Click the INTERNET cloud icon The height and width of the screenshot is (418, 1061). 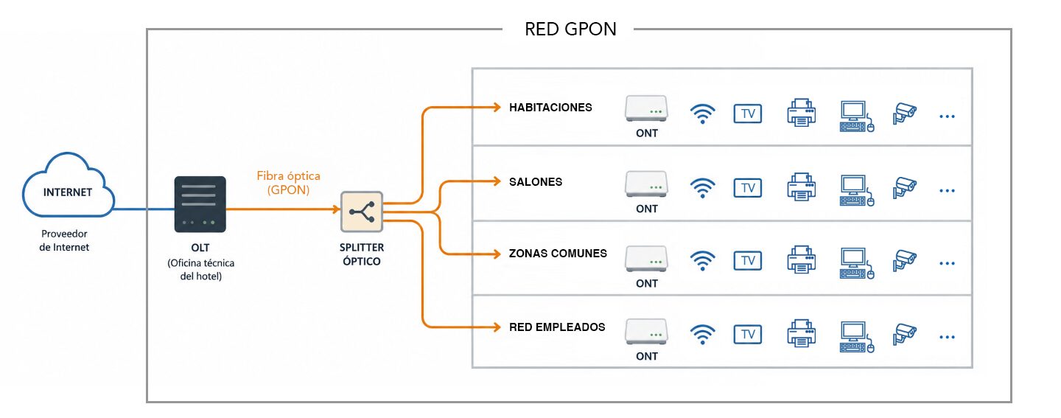pos(69,185)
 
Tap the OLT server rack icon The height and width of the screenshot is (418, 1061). pos(200,204)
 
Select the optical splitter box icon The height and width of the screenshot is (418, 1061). pos(361,212)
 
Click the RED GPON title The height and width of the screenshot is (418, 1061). pos(570,29)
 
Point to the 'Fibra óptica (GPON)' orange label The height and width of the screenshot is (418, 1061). pos(289,183)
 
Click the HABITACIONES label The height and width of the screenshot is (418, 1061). pos(550,108)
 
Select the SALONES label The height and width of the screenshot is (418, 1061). pos(536,182)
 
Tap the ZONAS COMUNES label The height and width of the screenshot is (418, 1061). pos(558,254)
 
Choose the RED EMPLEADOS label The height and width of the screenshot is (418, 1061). pos(557,327)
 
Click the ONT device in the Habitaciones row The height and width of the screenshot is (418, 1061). pos(646,108)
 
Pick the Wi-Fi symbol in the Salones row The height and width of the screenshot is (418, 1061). pos(702,188)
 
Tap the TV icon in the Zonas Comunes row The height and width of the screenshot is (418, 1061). pos(747,261)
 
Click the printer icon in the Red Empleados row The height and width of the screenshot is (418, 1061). pos(802,334)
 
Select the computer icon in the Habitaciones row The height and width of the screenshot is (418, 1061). pos(856,116)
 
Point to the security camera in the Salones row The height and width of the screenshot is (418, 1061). pos(905,188)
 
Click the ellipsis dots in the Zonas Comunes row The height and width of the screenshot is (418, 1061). pos(947,263)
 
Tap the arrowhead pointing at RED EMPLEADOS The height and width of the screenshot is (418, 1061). pos(497,327)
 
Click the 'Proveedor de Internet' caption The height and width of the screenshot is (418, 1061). pos(64,240)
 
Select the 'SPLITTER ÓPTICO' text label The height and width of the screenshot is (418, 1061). pos(362,254)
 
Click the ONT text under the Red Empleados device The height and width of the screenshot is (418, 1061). pos(647,356)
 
